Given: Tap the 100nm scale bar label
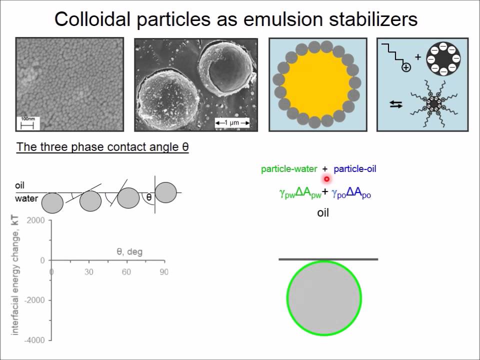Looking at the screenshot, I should [26, 119].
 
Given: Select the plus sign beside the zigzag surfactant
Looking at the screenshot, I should [418, 57].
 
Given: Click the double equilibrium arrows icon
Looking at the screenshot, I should [396, 104].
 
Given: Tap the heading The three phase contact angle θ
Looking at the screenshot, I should [102, 147].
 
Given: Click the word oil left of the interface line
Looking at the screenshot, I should [20, 185].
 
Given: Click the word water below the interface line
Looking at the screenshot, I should [26, 198].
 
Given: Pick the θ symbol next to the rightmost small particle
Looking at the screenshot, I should [149, 197].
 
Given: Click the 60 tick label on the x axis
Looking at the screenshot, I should [126, 272].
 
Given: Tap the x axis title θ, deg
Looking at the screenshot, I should [129, 251].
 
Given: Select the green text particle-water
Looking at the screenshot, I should [289, 169].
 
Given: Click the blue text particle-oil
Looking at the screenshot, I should [354, 169].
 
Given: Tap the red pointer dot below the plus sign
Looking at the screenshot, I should [326, 178].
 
